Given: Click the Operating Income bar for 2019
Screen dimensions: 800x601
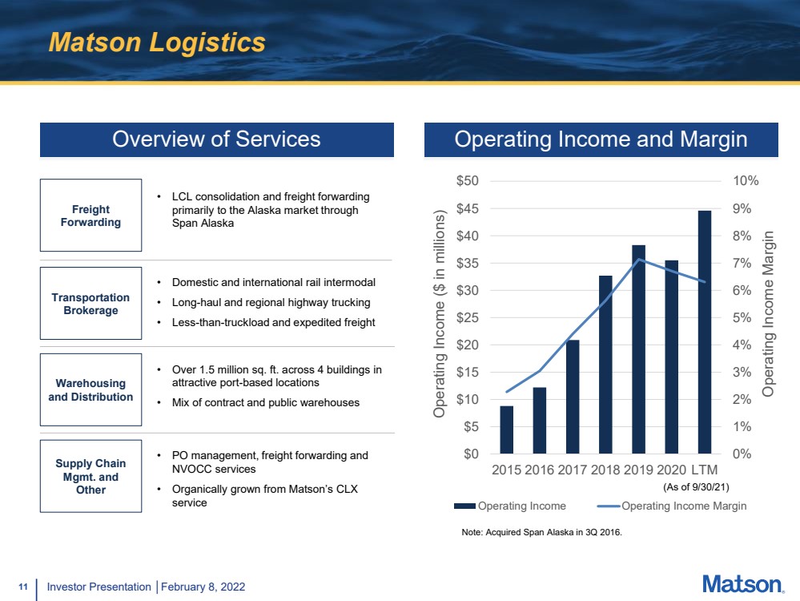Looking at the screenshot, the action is pos(638,349).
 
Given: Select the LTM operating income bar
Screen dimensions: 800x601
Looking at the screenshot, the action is pos(705,332).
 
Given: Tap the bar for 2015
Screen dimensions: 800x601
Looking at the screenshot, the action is pos(507,430).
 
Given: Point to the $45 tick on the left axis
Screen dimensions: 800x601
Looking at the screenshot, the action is pos(468,208).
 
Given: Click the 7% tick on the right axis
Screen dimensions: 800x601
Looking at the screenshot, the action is pos(742,263).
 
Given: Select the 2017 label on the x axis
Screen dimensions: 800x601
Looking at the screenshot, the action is pos(572,470).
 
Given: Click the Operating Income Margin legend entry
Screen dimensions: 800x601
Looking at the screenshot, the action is pos(671,506).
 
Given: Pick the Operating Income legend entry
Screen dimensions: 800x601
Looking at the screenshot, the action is pos(510,506).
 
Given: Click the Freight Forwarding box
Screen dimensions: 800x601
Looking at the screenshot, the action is pos(90,215).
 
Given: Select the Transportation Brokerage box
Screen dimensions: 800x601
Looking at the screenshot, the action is pos(90,304).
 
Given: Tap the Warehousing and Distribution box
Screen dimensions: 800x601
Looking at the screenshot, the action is pos(90,389).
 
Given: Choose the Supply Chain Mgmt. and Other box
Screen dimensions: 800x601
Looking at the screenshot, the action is pos(90,476).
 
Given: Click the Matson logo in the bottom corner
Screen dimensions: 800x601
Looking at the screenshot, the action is pos(743,584).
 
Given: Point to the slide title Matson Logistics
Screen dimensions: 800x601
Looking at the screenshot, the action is pos(157,42).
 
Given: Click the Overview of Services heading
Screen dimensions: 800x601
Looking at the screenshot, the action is pos(217,139).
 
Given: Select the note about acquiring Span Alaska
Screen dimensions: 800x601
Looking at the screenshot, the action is pos(542,532).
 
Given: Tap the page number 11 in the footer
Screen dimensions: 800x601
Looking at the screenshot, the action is pos(23,587).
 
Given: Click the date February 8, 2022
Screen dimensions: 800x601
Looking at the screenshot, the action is pos(203,587).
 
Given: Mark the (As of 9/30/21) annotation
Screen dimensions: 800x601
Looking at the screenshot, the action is pos(696,487).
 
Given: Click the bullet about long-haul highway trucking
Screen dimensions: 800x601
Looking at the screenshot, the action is pos(271,302).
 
